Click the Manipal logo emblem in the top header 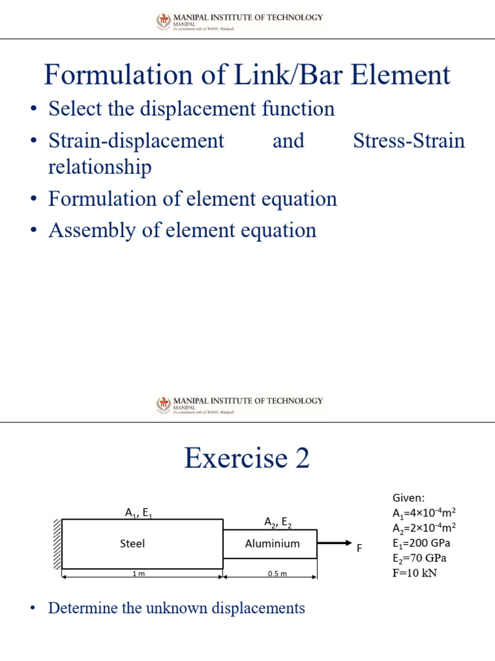[163, 21]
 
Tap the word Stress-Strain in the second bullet [409, 141]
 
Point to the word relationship [100, 167]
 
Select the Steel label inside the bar [133, 544]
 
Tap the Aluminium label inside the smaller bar [272, 544]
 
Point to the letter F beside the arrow [360, 548]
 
